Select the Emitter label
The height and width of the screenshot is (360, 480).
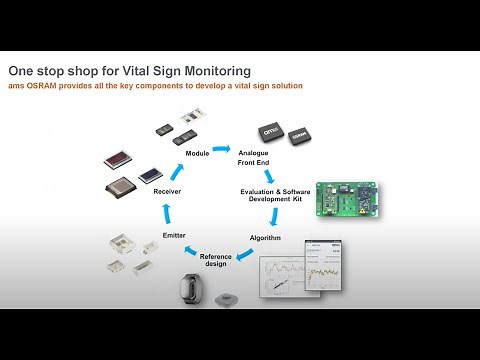click(161, 235)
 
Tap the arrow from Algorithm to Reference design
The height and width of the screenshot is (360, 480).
click(241, 250)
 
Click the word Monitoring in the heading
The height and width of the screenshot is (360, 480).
click(214, 71)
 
